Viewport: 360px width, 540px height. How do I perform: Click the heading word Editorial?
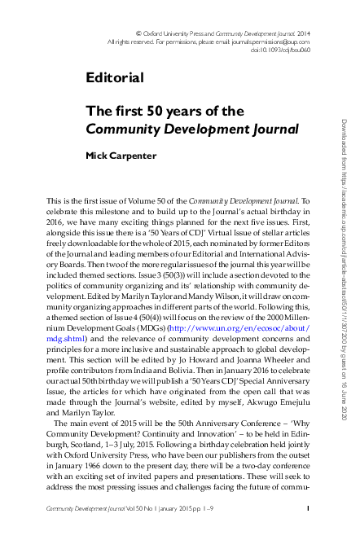point(115,78)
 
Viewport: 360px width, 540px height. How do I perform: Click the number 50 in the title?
point(166,111)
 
